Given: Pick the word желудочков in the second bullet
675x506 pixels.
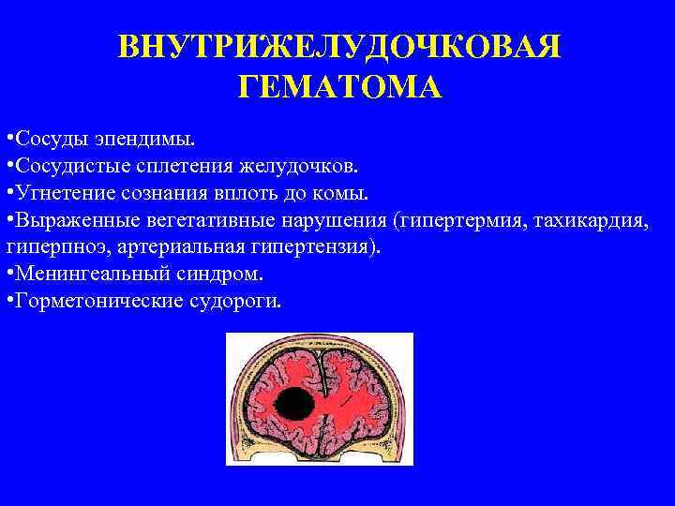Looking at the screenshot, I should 298,167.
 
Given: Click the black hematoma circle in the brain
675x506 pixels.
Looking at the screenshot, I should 297,404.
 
